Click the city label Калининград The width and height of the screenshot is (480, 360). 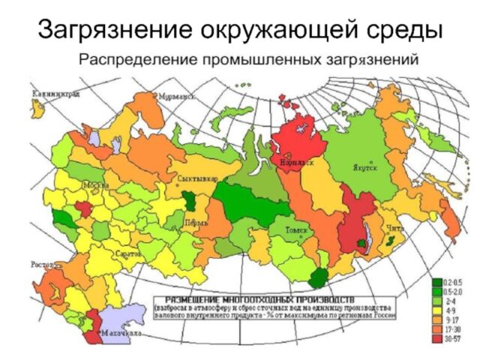click(55, 94)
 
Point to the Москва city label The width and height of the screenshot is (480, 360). click(94, 184)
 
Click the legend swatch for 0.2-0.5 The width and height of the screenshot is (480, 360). click(436, 281)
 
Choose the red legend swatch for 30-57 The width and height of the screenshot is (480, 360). click(436, 338)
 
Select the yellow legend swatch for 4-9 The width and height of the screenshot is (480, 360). click(436, 310)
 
